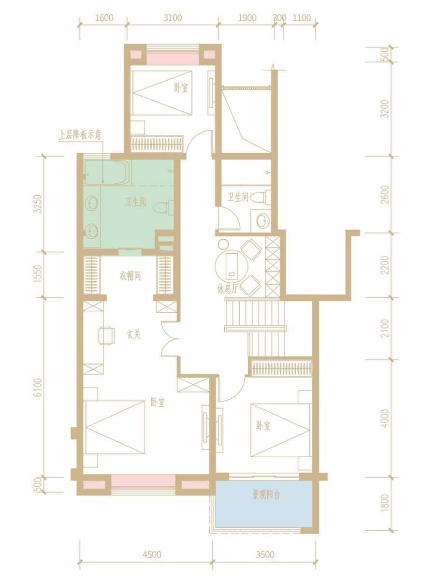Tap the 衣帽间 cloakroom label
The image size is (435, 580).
pyautogui.click(x=130, y=276)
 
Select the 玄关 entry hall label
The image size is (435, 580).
pyautogui.click(x=133, y=335)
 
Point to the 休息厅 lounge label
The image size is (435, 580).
pyautogui.click(x=227, y=290)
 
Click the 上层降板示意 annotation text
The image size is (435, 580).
pyautogui.click(x=80, y=135)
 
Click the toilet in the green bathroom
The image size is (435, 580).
pyautogui.click(x=163, y=207)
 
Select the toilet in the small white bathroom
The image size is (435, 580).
pyautogui.click(x=261, y=197)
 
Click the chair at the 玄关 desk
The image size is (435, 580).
pyautogui.click(x=107, y=335)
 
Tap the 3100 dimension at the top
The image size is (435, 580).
pyautogui.click(x=173, y=18)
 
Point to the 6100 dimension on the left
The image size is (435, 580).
pyautogui.click(x=38, y=388)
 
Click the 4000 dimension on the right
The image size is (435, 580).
pyautogui.click(x=385, y=418)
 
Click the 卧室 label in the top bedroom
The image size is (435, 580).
pyautogui.click(x=181, y=87)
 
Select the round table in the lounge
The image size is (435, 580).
pyautogui.click(x=232, y=266)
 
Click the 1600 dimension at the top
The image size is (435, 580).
pyautogui.click(x=104, y=18)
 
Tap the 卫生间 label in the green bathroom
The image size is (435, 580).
pyautogui.click(x=135, y=202)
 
